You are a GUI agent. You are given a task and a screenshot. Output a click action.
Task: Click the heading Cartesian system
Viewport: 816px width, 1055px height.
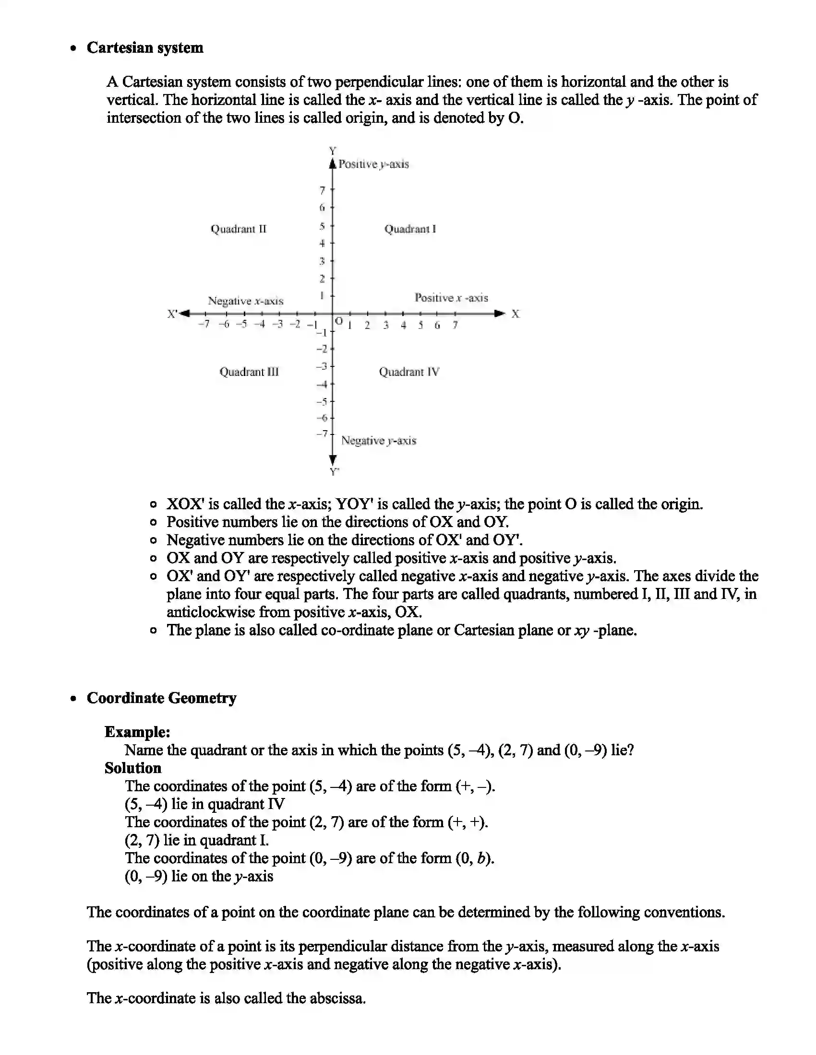tap(144, 48)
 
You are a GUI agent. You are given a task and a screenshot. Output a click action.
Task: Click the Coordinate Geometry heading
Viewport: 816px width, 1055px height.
tap(161, 698)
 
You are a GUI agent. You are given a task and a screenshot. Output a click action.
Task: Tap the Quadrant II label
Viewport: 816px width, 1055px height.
tap(239, 229)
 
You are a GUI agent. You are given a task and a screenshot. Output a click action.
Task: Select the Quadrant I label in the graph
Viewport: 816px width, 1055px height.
tap(410, 229)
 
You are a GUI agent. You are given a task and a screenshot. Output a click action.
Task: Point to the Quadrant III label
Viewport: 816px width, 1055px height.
tap(249, 372)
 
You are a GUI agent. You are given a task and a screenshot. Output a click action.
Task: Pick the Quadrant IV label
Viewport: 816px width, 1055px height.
tap(409, 372)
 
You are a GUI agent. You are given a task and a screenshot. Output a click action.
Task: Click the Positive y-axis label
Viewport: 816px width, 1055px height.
tap(373, 164)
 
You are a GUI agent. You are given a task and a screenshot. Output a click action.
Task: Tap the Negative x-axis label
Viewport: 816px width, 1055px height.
tap(246, 301)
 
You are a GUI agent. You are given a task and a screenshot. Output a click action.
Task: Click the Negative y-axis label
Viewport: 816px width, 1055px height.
tap(379, 441)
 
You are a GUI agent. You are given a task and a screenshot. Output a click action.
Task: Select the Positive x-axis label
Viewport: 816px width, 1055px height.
tap(451, 298)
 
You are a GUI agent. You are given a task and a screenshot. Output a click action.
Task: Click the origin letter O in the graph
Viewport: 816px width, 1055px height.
tap(339, 321)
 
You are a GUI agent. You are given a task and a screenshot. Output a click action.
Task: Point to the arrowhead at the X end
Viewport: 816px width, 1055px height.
tap(499, 314)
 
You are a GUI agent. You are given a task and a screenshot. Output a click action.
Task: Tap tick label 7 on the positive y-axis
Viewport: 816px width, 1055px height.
tap(322, 191)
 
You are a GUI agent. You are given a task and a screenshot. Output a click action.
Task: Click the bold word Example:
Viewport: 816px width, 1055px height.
tap(137, 732)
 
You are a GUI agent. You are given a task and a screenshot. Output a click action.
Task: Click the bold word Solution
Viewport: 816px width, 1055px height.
tap(133, 769)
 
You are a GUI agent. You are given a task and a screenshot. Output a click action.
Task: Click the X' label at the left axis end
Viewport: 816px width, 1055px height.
tap(173, 314)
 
